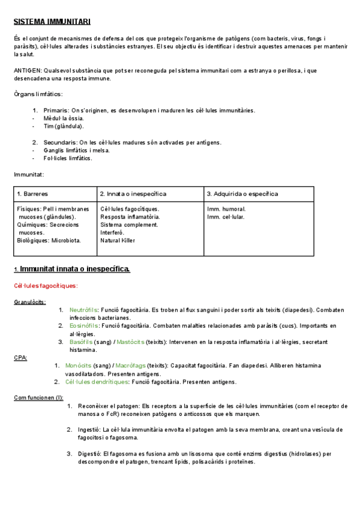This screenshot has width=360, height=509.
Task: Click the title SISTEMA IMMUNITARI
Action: click(x=52, y=22)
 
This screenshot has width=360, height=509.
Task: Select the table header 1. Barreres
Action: click(x=33, y=194)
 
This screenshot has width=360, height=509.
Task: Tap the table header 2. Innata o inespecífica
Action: click(x=133, y=194)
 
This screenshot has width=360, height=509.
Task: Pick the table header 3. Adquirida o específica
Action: click(x=242, y=194)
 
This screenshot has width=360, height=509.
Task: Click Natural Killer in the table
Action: click(x=118, y=240)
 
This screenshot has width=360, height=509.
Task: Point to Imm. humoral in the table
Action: click(x=226, y=209)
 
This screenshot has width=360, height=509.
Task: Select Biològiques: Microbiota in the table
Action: click(x=49, y=240)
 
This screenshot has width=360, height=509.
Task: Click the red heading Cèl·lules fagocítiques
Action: click(x=46, y=286)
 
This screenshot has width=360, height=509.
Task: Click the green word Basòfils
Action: click(x=81, y=342)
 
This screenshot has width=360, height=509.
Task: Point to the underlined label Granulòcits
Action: click(x=30, y=302)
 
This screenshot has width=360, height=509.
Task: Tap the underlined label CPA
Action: click(x=20, y=358)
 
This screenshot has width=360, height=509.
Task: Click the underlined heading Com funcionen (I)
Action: click(x=38, y=397)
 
